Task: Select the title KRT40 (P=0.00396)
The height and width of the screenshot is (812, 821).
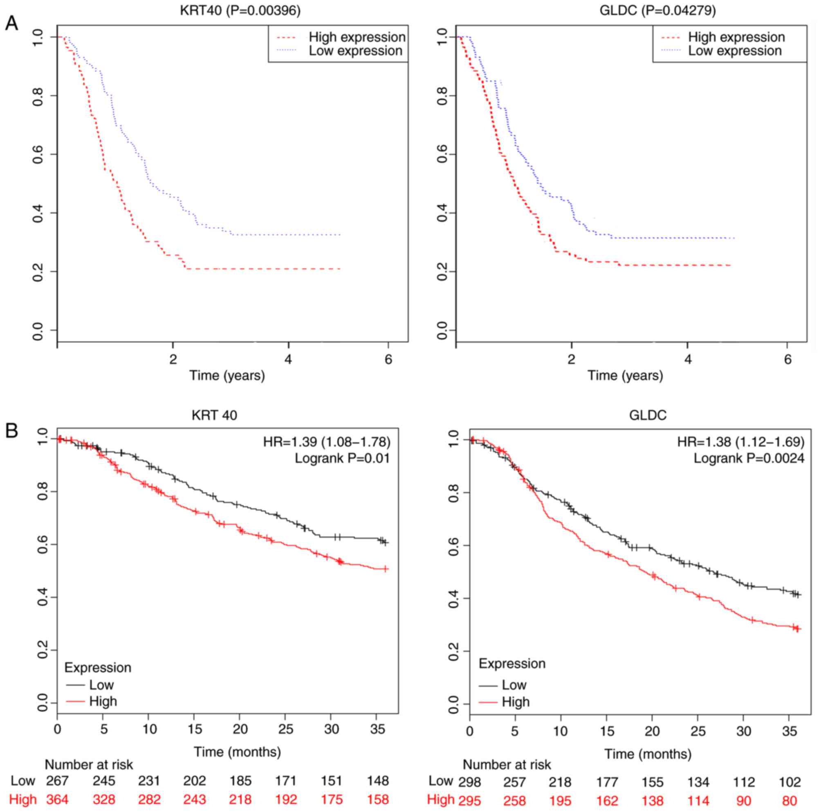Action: coord(240,11)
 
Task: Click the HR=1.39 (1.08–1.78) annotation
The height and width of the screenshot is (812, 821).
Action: coord(326,442)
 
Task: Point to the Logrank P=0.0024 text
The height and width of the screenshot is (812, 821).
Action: coord(749,458)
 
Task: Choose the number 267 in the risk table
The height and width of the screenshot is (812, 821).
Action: coord(57,780)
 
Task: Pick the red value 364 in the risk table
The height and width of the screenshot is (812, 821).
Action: coord(57,799)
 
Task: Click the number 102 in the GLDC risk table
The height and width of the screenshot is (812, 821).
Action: coord(789,781)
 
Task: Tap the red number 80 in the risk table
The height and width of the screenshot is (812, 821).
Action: coord(789,800)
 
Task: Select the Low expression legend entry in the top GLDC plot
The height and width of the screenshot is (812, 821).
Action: coord(735,51)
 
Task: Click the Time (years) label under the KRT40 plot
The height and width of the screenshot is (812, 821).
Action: coord(227,375)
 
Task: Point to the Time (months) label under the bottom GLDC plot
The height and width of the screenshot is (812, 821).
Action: coord(648,754)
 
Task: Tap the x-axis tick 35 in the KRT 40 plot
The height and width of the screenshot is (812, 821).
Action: coord(377,729)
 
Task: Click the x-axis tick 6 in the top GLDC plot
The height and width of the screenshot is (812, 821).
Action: coord(787,359)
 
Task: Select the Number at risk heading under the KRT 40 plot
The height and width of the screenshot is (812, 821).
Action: coord(89,765)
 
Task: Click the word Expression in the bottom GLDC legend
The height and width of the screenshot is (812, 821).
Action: coord(512,663)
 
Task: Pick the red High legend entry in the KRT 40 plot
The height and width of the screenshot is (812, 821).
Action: coord(103,701)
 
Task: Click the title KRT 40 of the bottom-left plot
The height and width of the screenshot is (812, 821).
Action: coord(215,415)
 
